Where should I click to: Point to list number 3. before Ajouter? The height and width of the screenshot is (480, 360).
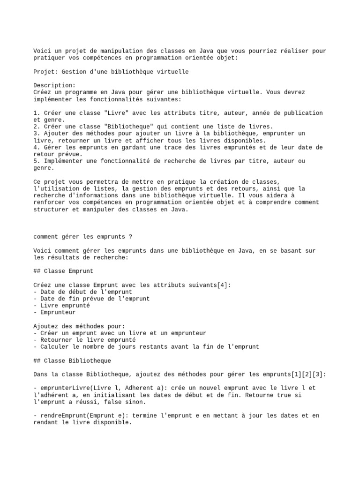click(x=37, y=134)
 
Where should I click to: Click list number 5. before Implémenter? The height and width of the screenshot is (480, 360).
click(x=37, y=161)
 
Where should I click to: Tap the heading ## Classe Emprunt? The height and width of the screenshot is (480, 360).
click(x=63, y=271)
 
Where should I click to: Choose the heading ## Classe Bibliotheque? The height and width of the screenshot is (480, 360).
click(x=72, y=360)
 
